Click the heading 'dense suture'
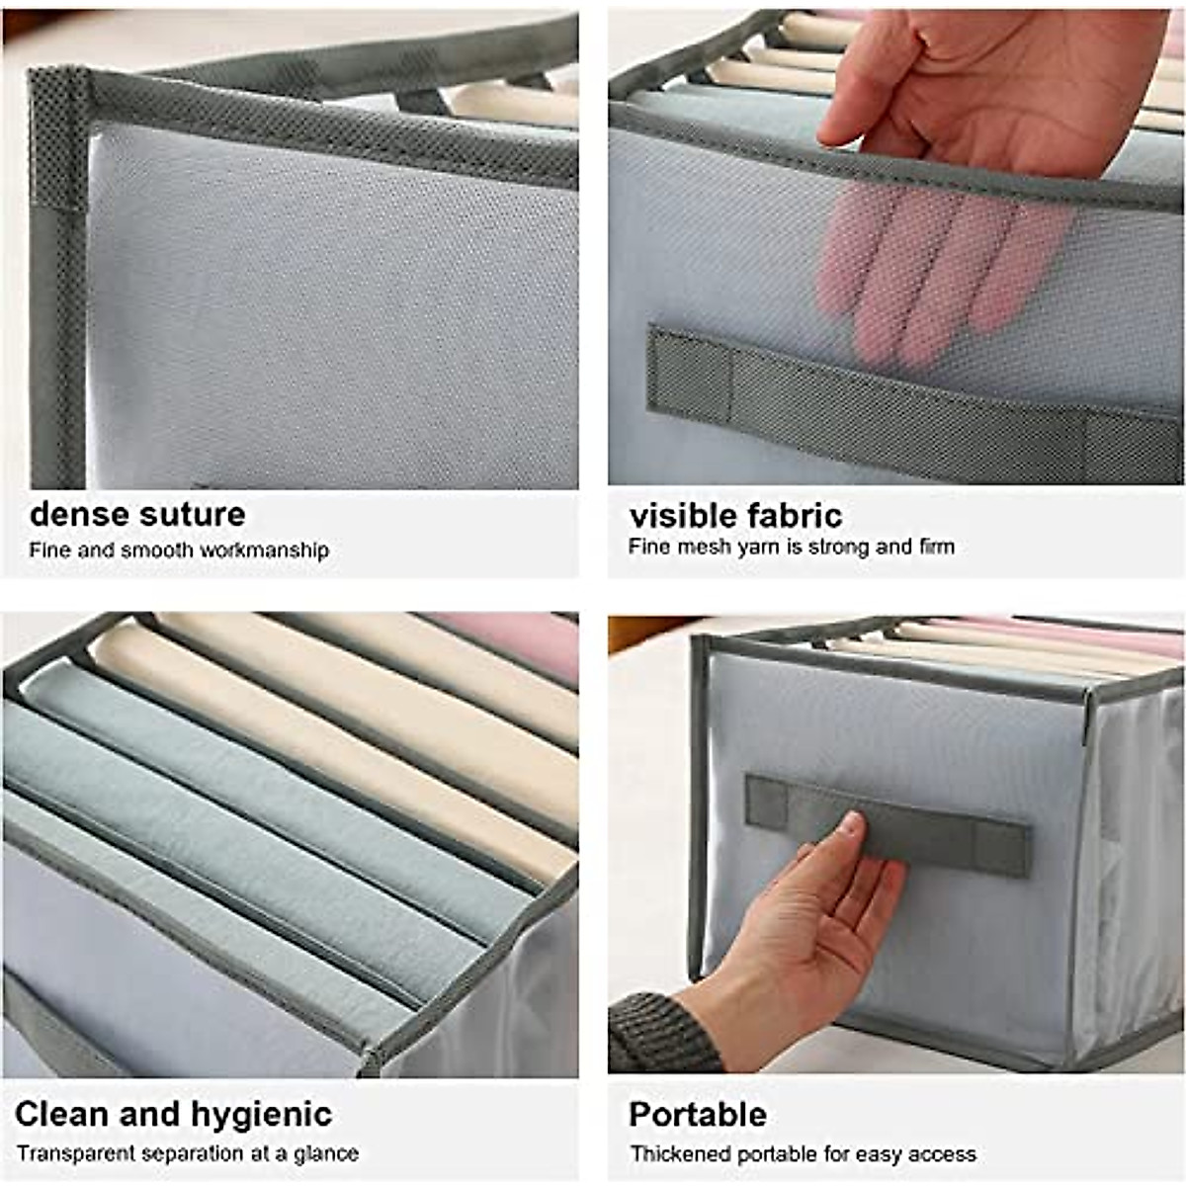[137, 515]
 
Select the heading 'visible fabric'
[735, 516]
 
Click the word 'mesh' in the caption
[704, 547]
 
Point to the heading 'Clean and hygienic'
[173, 1114]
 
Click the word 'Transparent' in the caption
[77, 1153]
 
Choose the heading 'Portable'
[698, 1114]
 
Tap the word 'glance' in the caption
[326, 1153]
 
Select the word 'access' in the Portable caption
[944, 1154]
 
